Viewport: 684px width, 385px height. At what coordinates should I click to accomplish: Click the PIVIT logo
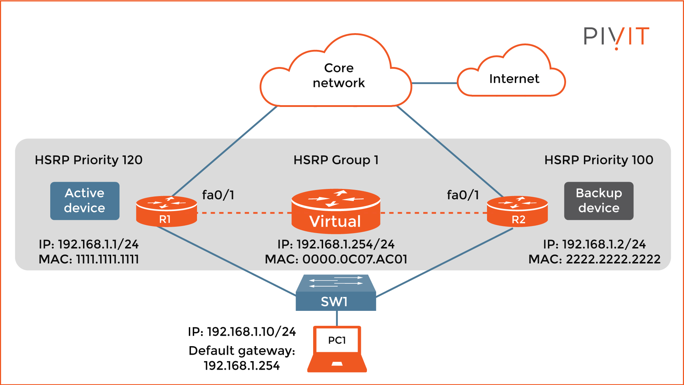coord(616,37)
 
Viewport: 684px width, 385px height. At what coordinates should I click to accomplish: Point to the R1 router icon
coord(166,211)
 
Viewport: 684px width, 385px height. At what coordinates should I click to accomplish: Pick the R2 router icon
coord(517,211)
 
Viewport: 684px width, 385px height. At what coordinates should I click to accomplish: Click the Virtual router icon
coord(336,211)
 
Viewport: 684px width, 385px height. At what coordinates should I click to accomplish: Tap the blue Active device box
coord(85,201)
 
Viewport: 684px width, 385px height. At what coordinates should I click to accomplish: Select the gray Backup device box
coord(598,201)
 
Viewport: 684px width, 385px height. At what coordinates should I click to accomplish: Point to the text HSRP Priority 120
coord(89,160)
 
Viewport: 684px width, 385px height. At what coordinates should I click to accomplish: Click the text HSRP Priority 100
coord(598,160)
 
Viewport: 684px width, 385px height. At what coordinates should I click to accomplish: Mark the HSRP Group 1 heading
coord(336,160)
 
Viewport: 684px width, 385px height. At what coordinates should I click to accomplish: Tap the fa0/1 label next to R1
coord(218,195)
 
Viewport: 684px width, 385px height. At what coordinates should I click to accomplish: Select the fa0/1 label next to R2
coord(463,195)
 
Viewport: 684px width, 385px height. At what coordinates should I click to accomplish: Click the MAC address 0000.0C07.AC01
coord(354,259)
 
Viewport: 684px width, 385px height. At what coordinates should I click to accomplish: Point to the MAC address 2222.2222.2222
coord(613,259)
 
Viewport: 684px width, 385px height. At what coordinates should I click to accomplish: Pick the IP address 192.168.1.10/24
coord(251,332)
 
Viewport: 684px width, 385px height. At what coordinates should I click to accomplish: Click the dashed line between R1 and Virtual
coord(244,213)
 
